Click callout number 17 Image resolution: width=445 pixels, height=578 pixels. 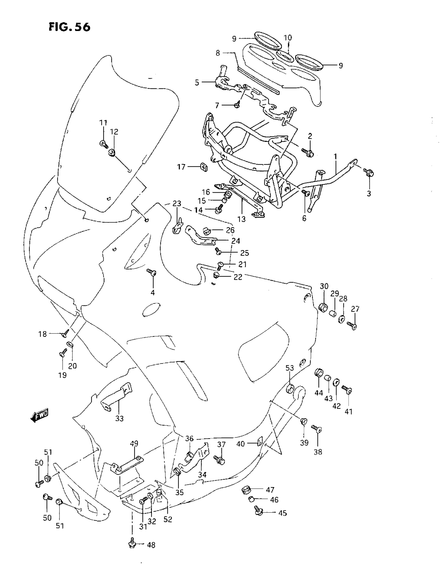pos(181,167)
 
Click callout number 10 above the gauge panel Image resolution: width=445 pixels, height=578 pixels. pos(288,37)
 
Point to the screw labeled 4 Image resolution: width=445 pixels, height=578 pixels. pos(152,272)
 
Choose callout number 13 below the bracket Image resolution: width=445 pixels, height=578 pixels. pos(242,219)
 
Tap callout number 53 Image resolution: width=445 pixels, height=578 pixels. pos(290,368)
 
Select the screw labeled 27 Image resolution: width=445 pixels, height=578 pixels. pos(352,325)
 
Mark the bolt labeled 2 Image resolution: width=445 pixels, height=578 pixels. pos(308,152)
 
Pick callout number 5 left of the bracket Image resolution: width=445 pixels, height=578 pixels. pos(197,82)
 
